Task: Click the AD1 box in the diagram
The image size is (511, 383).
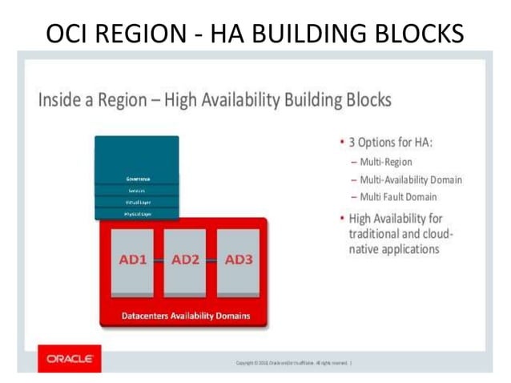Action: pyautogui.click(x=131, y=261)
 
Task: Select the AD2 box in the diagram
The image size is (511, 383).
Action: pyautogui.click(x=185, y=261)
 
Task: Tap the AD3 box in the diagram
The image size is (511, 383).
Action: pyautogui.click(x=239, y=261)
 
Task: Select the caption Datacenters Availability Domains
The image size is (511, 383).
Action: pyautogui.click(x=185, y=316)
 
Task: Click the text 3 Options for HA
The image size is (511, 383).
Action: pyautogui.click(x=390, y=143)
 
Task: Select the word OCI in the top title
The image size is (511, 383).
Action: pyautogui.click(x=68, y=33)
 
